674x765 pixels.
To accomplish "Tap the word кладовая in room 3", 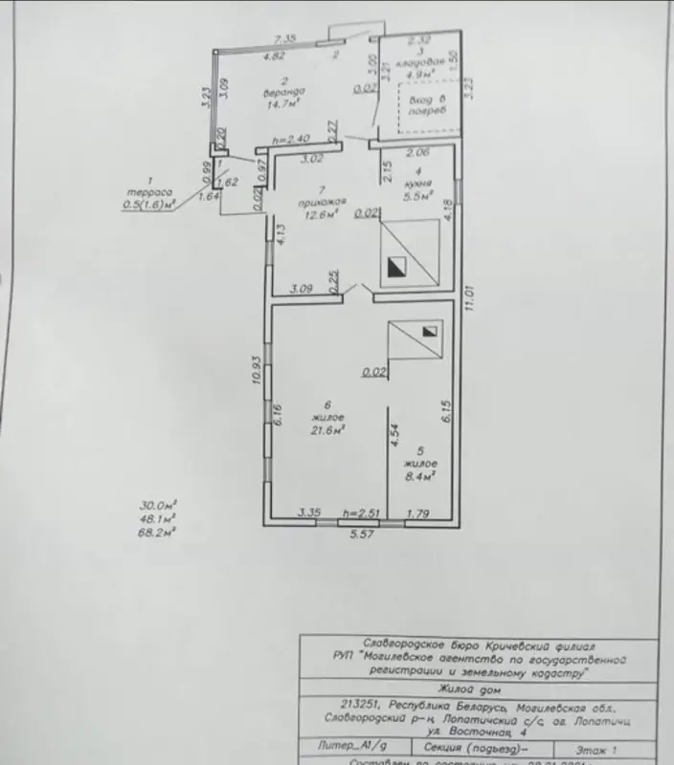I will (x=419, y=60).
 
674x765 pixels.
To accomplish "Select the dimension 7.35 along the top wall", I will (x=283, y=37).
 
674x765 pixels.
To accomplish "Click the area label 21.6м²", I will (x=328, y=430).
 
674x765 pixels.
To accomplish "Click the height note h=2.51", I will (x=362, y=514).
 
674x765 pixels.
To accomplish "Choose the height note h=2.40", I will (x=291, y=141).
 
